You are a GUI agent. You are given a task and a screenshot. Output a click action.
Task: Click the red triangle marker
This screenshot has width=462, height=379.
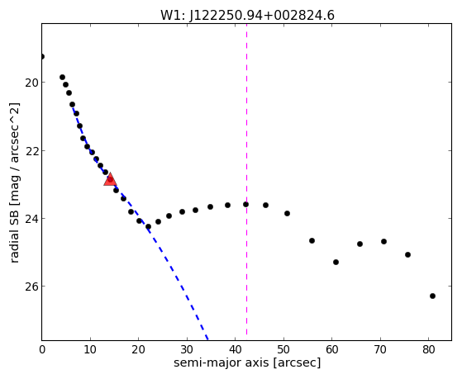110,179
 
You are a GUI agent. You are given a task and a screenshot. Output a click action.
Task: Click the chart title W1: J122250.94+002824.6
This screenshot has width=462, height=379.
247,16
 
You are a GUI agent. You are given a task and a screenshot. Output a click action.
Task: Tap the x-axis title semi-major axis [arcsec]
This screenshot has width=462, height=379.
247,362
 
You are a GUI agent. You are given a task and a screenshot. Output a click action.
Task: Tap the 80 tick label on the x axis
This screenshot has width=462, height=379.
429,350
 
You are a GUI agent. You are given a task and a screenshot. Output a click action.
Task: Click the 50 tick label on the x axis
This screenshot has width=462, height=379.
283,350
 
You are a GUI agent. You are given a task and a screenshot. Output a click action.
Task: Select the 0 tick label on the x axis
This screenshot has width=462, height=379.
42,350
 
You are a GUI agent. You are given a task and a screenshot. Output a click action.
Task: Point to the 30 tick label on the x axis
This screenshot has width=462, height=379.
187,350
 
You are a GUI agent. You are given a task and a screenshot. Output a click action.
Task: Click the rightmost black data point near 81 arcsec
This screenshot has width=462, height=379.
432,296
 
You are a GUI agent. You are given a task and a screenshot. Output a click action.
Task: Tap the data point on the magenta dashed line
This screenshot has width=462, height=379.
245,205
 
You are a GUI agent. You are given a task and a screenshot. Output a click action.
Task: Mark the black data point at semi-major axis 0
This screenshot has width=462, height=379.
42,56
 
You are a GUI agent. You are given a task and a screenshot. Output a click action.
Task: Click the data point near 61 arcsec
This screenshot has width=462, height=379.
336,262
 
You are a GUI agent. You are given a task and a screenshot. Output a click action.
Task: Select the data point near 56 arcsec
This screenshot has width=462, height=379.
312,240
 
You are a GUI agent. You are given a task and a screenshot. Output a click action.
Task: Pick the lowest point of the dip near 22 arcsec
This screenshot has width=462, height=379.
148,227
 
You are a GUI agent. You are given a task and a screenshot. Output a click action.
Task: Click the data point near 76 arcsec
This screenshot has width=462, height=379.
407,254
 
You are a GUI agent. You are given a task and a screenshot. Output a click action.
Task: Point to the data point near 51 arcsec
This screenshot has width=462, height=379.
287,214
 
